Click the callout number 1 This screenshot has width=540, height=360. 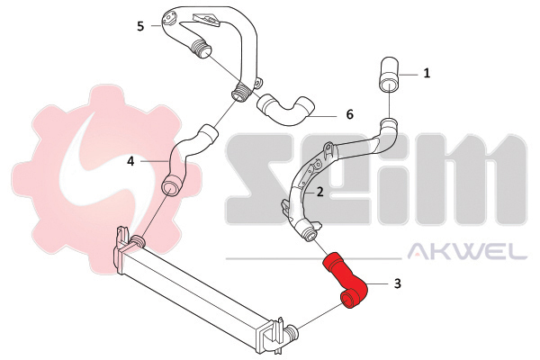[427, 73]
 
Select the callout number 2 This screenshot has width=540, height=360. [319, 192]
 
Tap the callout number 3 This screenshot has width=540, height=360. [398, 283]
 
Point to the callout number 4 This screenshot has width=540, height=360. [130, 161]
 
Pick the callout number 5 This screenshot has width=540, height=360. [140, 26]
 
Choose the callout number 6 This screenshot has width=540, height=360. [349, 114]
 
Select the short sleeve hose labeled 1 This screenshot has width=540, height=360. [389, 75]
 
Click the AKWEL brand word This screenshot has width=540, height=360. [467, 251]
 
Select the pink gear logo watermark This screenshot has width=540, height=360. [103, 179]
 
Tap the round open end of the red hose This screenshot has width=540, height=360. [347, 298]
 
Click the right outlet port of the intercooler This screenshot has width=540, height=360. [292, 332]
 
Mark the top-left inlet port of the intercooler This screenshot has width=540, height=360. [138, 240]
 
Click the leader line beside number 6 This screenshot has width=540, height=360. [322, 117]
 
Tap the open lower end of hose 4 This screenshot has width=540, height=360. [170, 186]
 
